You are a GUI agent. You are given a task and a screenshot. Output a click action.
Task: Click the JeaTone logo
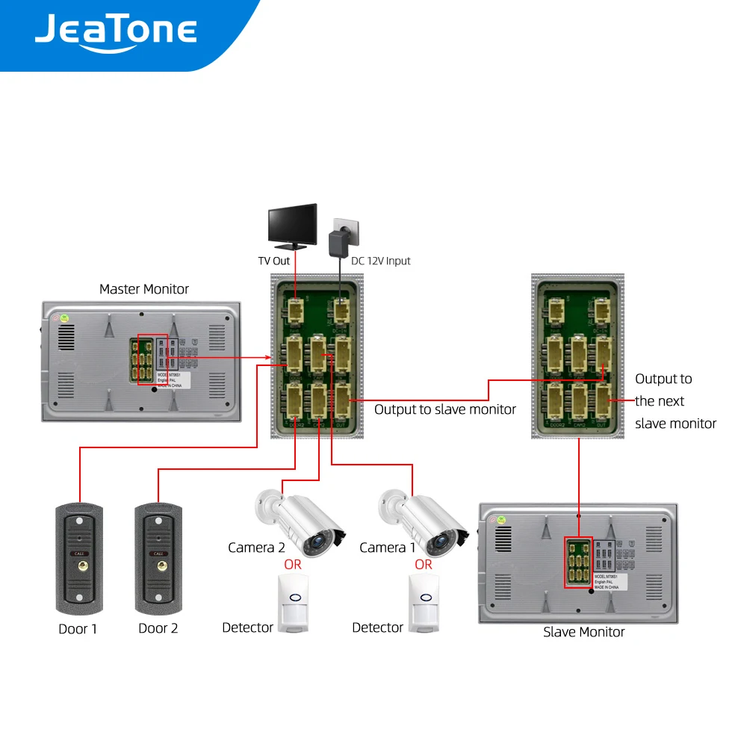pos(116,32)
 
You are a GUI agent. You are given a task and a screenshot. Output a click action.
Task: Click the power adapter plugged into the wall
pos(340,241)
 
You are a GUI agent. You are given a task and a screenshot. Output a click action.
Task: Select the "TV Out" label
pos(274,261)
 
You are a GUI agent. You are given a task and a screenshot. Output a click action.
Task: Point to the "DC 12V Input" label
pos(381,261)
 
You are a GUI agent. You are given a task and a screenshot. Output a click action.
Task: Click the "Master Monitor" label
pos(144,289)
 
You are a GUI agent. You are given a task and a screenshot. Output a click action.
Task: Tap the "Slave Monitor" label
pos(583,632)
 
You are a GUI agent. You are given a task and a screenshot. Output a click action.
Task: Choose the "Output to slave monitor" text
pos(444,409)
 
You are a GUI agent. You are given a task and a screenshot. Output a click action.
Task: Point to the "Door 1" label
pos(78,629)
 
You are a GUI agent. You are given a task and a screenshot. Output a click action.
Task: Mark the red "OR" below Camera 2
pos(293,565)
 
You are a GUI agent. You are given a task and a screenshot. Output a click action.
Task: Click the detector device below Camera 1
pos(424,604)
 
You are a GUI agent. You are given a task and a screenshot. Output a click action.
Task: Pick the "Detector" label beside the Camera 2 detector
pos(247,627)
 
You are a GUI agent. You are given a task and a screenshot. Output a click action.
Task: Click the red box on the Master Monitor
pos(152,359)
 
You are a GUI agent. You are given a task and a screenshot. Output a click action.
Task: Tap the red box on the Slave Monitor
pos(577,562)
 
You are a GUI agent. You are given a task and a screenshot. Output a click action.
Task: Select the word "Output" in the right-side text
pos(663,379)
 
